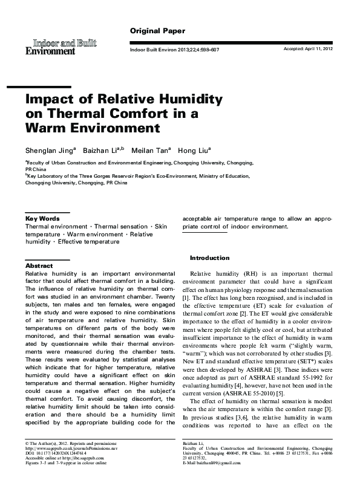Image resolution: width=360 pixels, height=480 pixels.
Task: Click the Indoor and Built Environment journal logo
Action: (61, 47)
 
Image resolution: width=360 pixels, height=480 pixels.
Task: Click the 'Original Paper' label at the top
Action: (157, 30)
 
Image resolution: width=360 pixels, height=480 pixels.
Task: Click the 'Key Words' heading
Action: (42, 218)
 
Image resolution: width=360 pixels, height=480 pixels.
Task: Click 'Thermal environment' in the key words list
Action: (53, 226)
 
